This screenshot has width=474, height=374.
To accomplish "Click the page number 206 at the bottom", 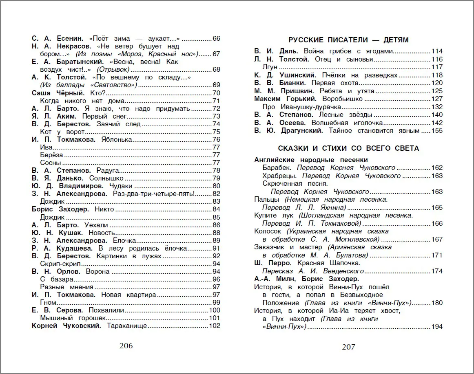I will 126,346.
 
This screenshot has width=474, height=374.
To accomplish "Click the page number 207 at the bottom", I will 348,347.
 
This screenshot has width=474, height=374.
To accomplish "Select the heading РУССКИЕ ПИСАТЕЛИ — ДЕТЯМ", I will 348,40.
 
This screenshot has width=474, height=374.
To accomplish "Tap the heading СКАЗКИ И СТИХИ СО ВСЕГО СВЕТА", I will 348,148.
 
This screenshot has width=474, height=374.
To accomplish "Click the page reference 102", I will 214,326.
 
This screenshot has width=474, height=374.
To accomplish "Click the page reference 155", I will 437,131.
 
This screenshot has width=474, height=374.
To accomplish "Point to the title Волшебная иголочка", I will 347,123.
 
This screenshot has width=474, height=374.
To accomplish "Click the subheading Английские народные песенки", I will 311,160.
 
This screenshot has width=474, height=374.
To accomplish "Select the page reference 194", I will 437,326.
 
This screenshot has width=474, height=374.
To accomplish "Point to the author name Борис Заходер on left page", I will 60,209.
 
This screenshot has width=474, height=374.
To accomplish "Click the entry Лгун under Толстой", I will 270,67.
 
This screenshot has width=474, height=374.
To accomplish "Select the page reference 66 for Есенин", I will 216,39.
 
